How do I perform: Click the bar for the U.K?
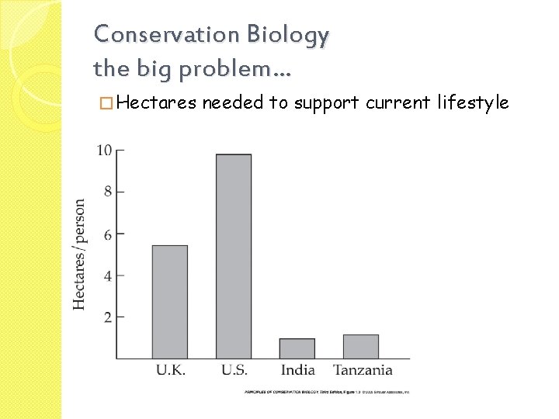click(169, 302)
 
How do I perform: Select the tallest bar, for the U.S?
click(234, 256)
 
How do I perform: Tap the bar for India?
click(297, 348)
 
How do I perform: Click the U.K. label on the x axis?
click(170, 370)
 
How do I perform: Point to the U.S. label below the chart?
click(234, 370)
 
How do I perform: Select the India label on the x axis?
click(298, 370)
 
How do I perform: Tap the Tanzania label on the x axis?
click(363, 370)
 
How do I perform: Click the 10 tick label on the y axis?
click(104, 150)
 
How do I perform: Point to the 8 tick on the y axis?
click(108, 192)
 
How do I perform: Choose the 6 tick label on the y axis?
click(108, 234)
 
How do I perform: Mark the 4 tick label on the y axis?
click(108, 275)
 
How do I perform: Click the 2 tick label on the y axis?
click(108, 317)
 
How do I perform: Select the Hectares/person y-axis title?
click(80, 255)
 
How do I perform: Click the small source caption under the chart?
click(327, 392)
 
